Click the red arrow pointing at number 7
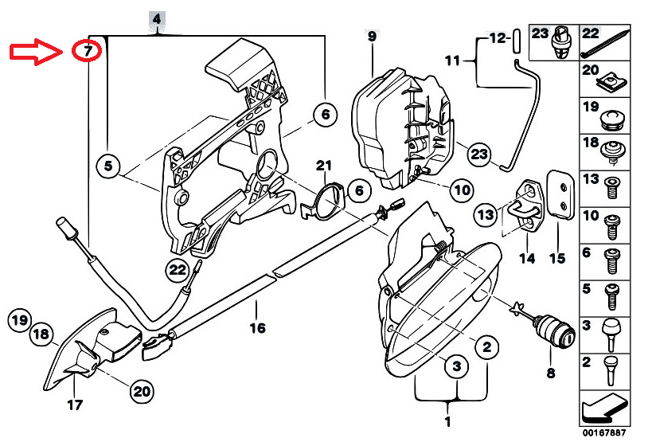coord(36,53)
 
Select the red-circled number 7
coord(87,52)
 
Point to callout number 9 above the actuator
coord(372,37)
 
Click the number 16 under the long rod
coord(257,327)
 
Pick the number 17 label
coord(73,404)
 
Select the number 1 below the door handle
coord(447,421)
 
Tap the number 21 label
coord(322,166)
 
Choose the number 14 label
coord(525,257)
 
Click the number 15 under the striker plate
coord(556,257)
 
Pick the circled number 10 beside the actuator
coord(462,190)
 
